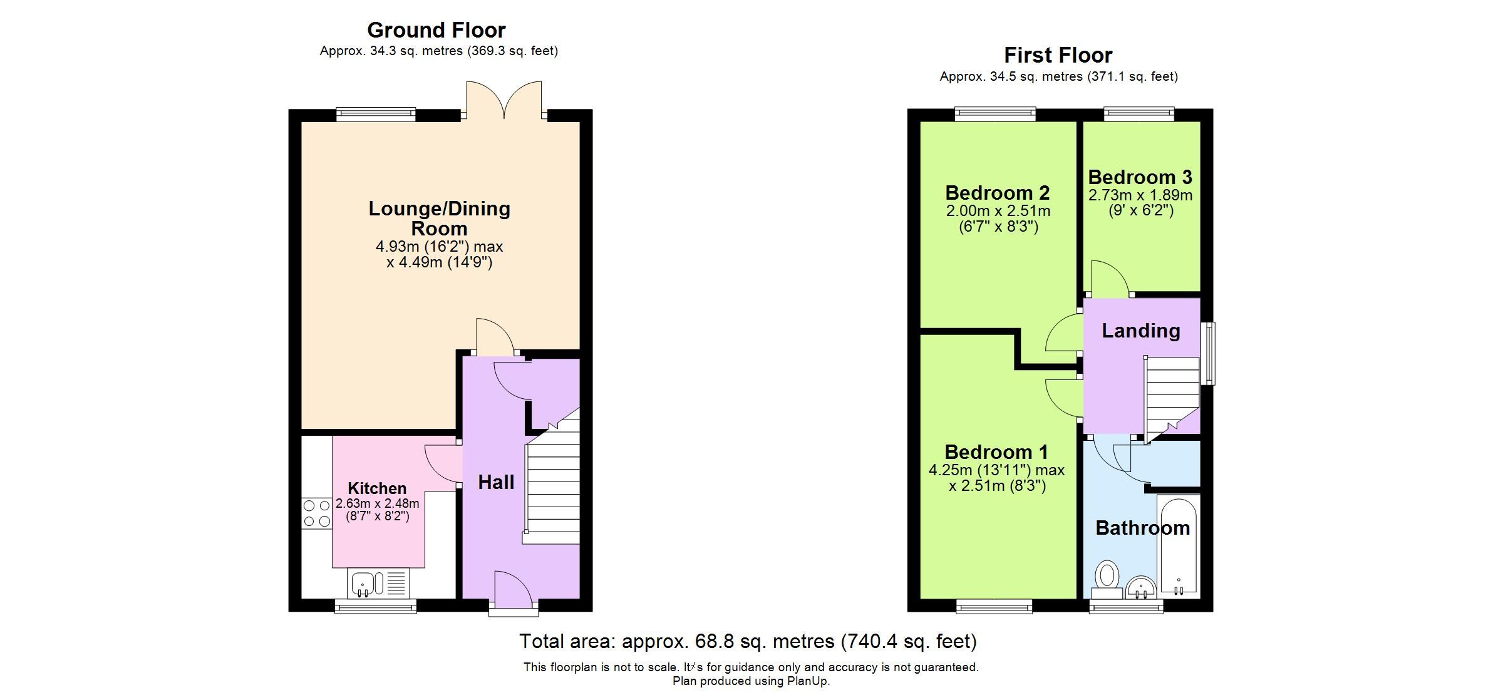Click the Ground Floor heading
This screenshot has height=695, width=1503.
click(x=436, y=30)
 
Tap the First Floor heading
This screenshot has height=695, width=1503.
click(x=1058, y=55)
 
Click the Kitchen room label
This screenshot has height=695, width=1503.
click(x=377, y=488)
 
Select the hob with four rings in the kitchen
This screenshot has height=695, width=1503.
click(x=316, y=513)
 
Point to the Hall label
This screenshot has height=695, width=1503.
click(x=496, y=482)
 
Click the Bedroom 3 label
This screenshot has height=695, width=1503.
click(x=1140, y=177)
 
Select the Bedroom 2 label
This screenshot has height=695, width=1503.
click(x=997, y=193)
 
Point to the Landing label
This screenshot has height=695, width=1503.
click(x=1140, y=331)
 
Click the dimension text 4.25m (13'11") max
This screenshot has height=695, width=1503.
click(x=996, y=470)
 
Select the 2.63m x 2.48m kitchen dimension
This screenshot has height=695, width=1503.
click(x=377, y=503)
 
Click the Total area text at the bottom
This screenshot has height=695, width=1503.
click(x=748, y=641)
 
